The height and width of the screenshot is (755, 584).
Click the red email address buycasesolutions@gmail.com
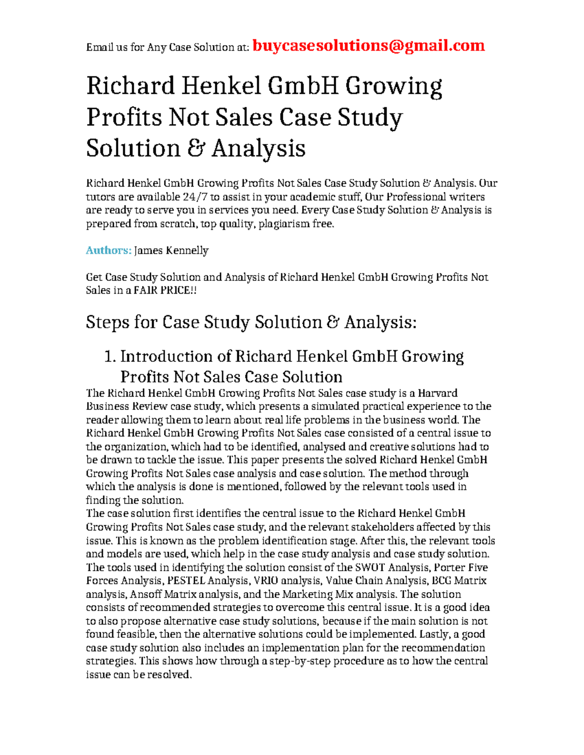coord(369,46)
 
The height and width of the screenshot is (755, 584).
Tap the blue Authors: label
coord(109,250)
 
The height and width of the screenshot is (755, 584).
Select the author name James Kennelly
coord(171,250)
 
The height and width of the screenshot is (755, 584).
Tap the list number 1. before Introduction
coord(110,356)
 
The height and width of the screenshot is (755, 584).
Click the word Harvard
coord(438,393)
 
